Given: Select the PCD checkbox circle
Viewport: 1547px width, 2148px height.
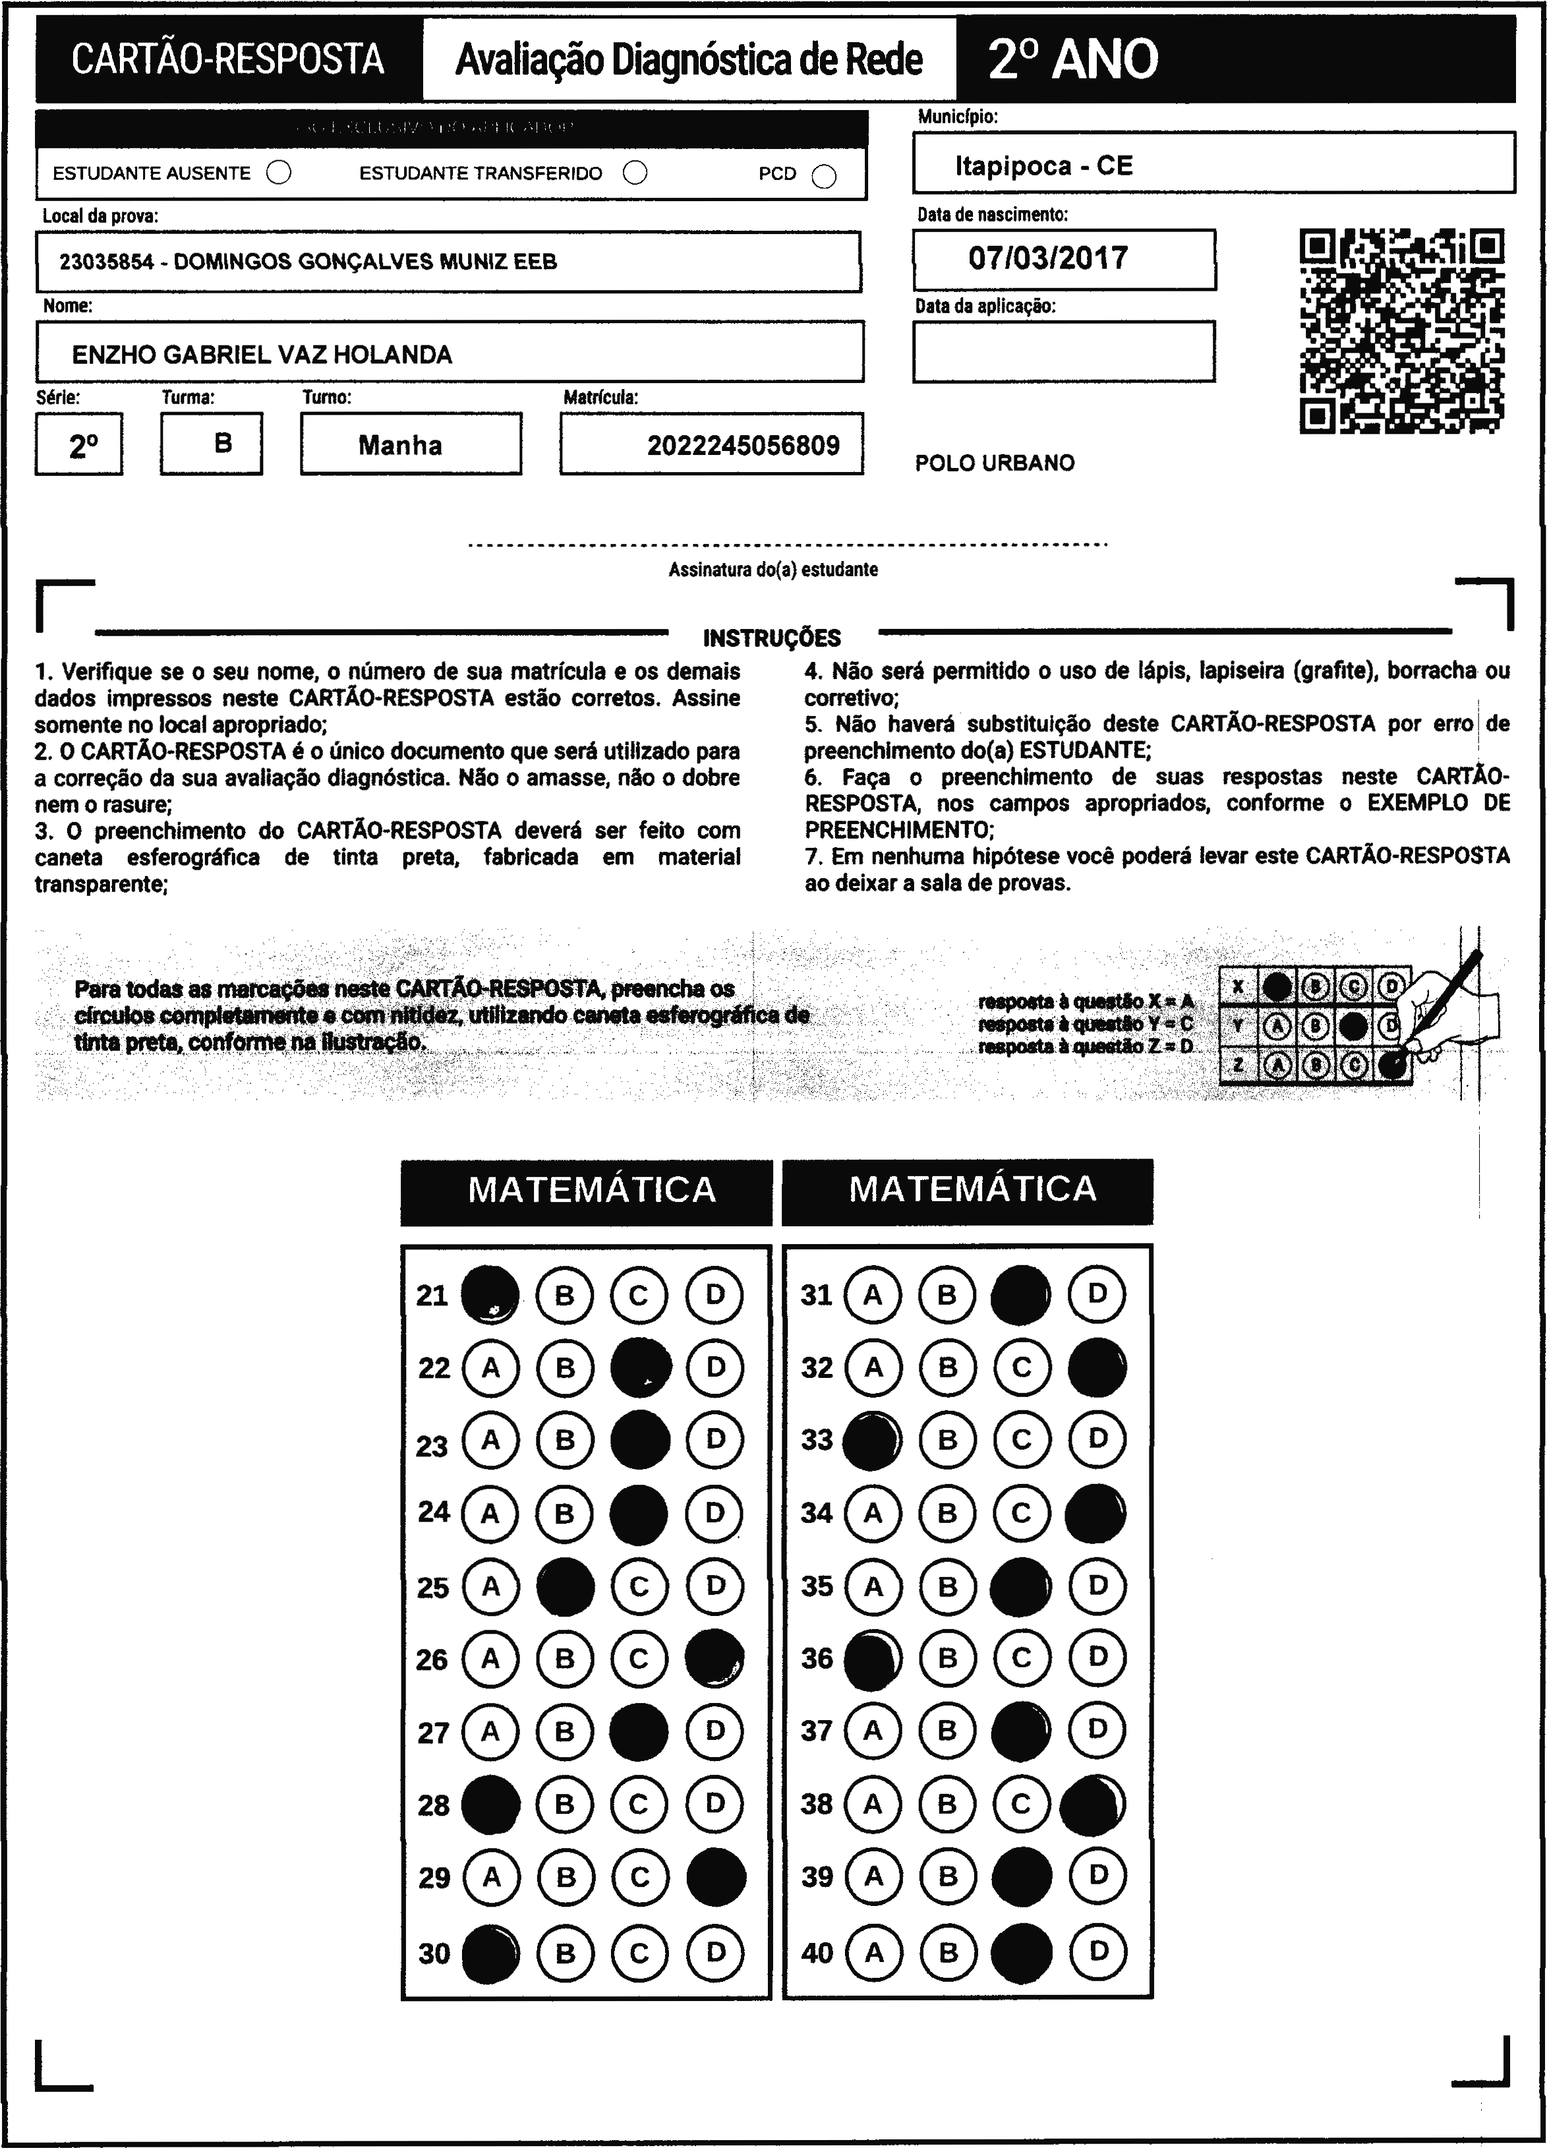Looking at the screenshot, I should (825, 176).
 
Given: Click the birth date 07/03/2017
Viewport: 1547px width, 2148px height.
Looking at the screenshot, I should (1048, 258).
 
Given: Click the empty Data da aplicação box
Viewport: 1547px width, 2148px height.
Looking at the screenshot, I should (1063, 351).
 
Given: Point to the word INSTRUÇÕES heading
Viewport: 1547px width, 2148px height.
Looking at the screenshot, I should (772, 638).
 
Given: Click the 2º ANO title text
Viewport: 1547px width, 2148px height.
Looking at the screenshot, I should (1072, 59).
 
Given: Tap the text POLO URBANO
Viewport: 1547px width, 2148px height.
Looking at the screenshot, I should (994, 463).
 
